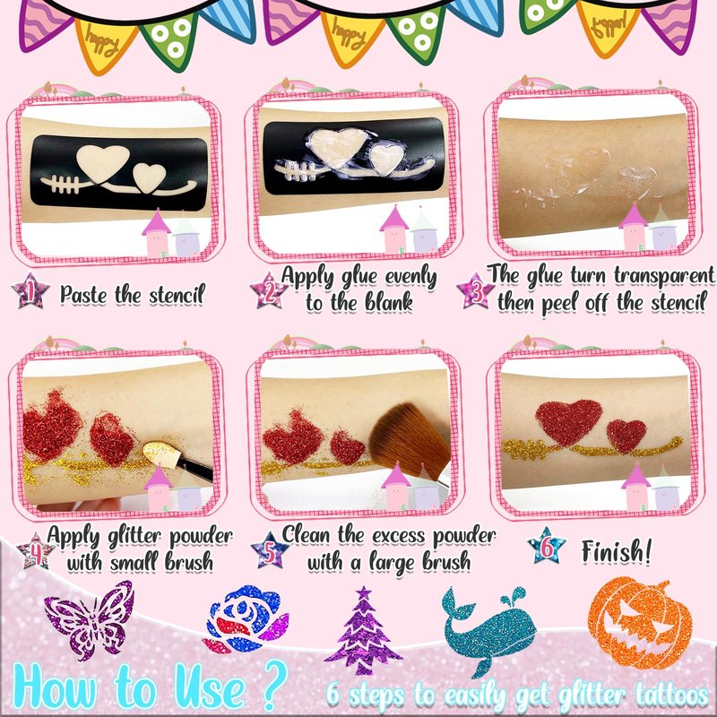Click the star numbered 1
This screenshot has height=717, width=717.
point(30,290)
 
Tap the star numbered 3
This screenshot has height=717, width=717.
point(476,290)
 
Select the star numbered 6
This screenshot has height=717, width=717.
point(547,546)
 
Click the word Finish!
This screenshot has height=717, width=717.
point(617,551)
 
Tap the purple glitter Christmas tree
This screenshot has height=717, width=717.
point(363,630)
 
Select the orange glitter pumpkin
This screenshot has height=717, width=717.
point(640,622)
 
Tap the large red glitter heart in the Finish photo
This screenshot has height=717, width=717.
point(568,420)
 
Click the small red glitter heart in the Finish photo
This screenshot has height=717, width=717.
point(626,436)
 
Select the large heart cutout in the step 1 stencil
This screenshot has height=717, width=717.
point(102,162)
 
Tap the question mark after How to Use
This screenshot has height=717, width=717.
point(275,685)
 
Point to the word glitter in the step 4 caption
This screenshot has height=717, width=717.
point(134,537)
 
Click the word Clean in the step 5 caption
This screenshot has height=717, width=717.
point(306,534)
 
